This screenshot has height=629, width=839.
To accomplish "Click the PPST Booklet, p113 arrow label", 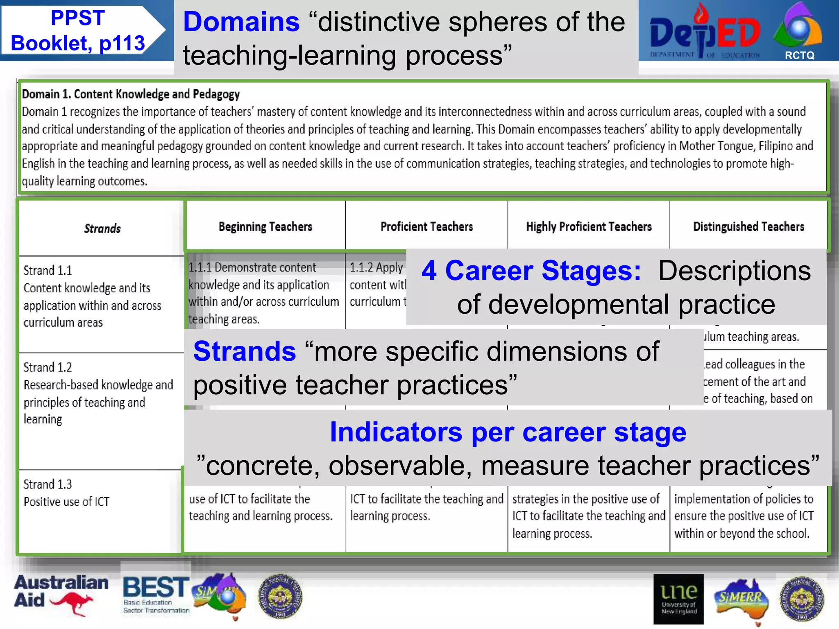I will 78,31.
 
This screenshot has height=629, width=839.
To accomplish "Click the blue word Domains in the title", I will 241,22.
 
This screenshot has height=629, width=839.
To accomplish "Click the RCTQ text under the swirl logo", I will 799,56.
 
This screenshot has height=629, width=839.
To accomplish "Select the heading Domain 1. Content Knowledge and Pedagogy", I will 131,94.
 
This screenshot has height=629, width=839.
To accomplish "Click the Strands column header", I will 102,229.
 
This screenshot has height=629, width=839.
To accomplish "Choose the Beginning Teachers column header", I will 265,226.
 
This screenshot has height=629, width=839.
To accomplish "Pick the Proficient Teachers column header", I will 426,226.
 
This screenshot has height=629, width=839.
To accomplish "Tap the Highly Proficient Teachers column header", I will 589,226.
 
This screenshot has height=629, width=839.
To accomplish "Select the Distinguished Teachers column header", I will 748,226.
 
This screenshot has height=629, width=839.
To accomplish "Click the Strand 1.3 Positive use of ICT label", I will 66,493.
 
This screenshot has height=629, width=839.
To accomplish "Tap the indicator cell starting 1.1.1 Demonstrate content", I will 264,293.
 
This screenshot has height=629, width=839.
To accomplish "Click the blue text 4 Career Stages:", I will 531,271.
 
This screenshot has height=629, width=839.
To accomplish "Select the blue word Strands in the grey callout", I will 245,351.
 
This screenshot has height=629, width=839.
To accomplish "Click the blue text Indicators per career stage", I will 508,432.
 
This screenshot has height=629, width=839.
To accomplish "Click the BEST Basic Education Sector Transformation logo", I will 156,594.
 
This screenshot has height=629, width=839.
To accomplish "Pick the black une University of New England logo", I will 678,599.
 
